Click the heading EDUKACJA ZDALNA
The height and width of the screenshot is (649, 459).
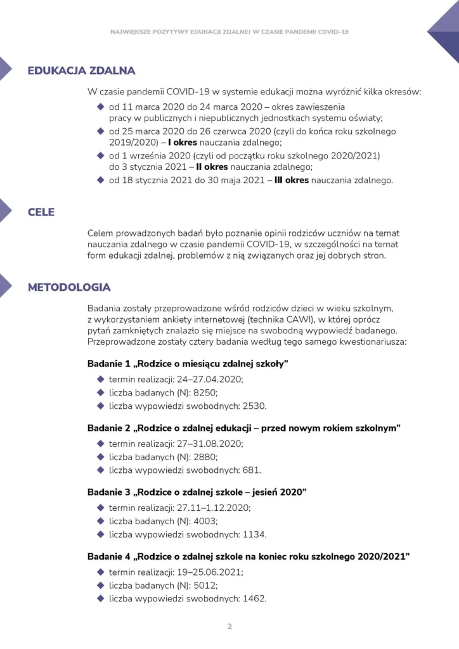(x=81, y=70)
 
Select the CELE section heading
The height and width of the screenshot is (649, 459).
(x=41, y=212)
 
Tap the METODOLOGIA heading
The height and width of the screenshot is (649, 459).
(x=69, y=287)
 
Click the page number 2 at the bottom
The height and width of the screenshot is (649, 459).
(x=229, y=626)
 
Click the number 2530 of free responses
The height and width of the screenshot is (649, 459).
(x=254, y=406)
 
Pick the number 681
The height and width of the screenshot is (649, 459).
(x=251, y=470)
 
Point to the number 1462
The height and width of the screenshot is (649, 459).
(x=254, y=598)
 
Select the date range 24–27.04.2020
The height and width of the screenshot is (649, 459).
(x=209, y=379)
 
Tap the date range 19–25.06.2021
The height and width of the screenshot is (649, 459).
(x=209, y=572)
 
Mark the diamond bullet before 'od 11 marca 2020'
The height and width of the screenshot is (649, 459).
(x=100, y=106)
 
